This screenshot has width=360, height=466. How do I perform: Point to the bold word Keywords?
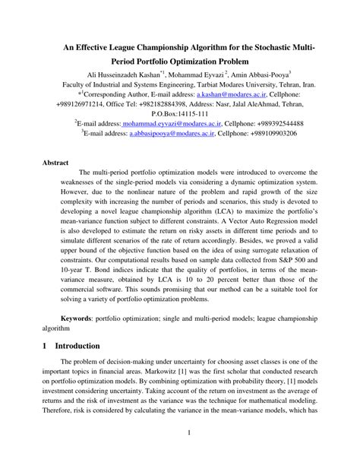coord(82,314)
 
